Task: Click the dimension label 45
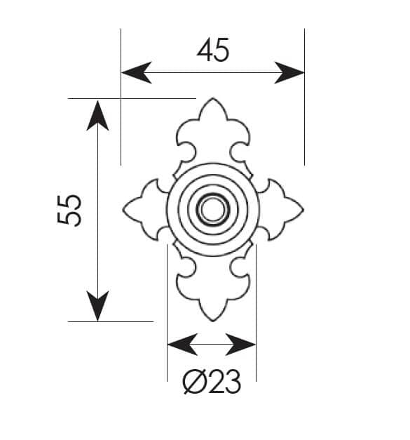pyautogui.click(x=212, y=50)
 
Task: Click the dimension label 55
pyautogui.click(x=69, y=211)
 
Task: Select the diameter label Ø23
pyautogui.click(x=212, y=381)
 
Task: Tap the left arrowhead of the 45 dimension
pyautogui.click(x=137, y=73)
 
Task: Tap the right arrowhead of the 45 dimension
pyautogui.click(x=289, y=73)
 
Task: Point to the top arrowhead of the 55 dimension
pyautogui.click(x=97, y=115)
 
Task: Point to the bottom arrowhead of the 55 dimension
pyautogui.click(x=97, y=306)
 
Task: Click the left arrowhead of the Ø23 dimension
pyautogui.click(x=182, y=345)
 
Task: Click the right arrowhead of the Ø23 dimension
pyautogui.click(x=240, y=345)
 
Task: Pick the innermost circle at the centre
pyautogui.click(x=212, y=198)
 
